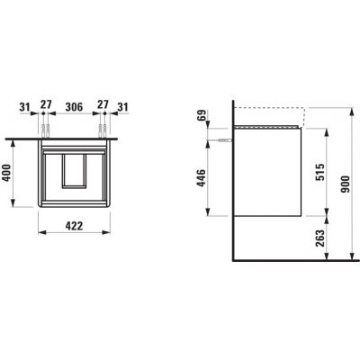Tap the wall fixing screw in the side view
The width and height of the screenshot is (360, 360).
pos(224,139)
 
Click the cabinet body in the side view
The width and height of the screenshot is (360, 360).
pos(265,175)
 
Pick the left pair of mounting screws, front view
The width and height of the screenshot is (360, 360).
pos(43,130)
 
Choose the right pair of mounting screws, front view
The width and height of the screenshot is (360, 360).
pos(105,130)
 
